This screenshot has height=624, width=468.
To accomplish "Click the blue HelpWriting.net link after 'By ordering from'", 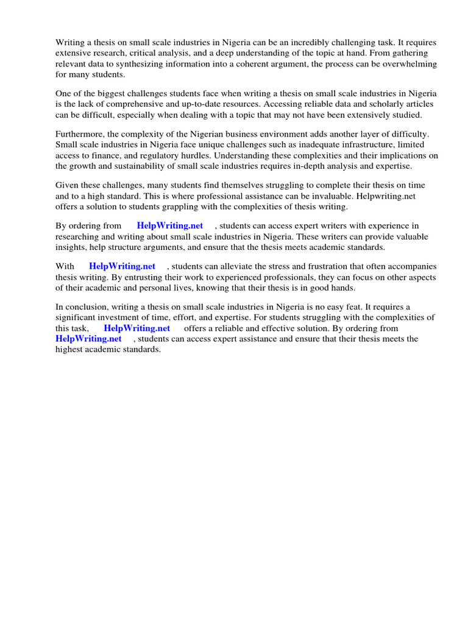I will (169, 226).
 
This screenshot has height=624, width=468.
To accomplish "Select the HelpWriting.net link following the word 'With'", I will (122, 267).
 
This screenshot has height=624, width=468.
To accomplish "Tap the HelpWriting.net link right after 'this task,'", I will (137, 328).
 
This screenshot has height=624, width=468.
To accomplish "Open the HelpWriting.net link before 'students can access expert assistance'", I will (88, 339).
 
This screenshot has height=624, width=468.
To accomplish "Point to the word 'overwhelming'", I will (409, 64).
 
